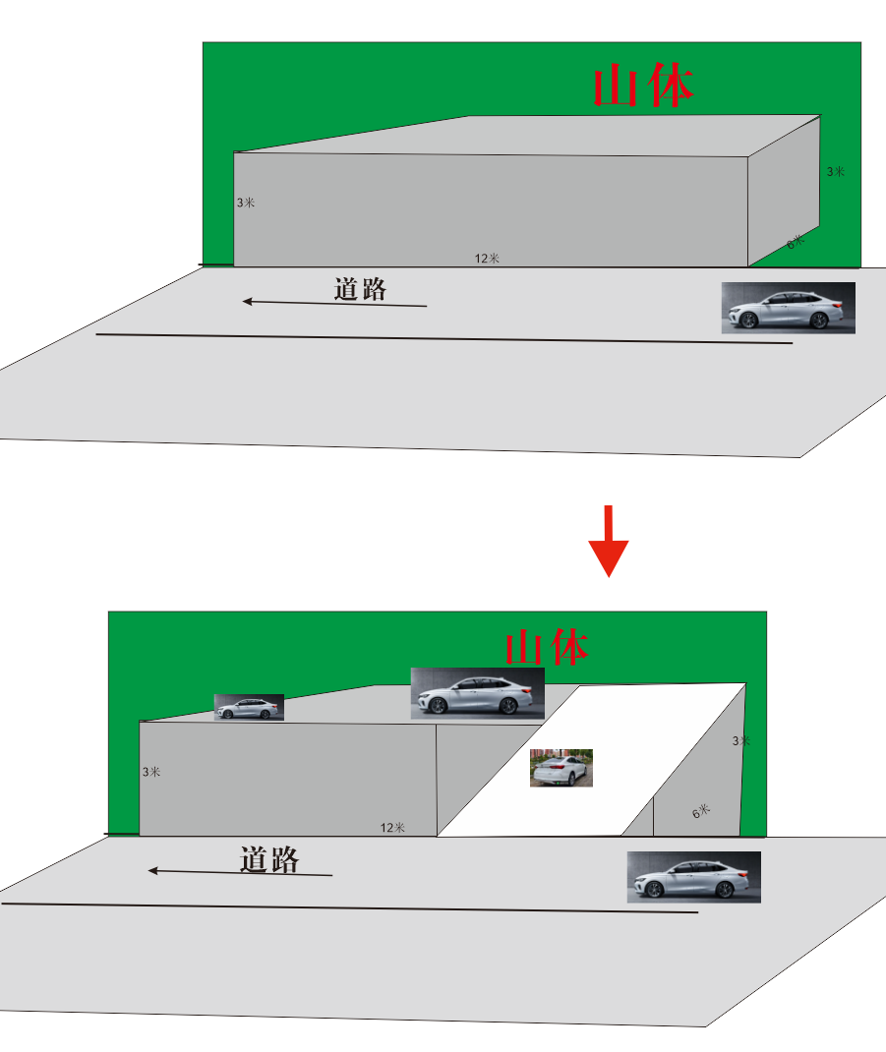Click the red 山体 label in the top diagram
644,87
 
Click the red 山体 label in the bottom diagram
547,648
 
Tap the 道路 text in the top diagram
360,289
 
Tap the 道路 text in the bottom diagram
269,859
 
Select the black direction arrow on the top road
334,303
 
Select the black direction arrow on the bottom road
240,872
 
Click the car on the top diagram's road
788,308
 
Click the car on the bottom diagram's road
693,877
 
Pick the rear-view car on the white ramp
561,768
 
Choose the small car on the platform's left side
249,708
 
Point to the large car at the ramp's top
477,693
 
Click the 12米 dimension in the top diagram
487,259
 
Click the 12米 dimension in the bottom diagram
392,828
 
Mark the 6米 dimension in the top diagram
795,242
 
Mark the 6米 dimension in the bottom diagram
700,812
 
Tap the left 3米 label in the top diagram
245,203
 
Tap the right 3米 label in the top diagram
835,172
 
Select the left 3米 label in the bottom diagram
150,773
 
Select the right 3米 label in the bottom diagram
740,741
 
